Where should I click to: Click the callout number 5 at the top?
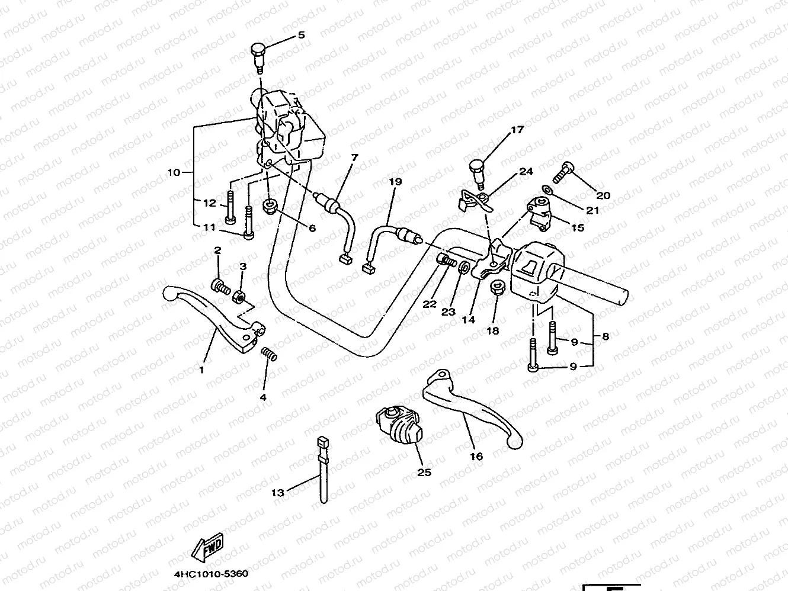(x=301, y=36)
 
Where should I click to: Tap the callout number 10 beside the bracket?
(x=174, y=173)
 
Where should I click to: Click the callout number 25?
(x=424, y=472)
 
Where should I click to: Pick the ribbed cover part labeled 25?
(x=398, y=425)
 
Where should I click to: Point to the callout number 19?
(x=395, y=181)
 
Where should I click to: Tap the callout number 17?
(x=517, y=129)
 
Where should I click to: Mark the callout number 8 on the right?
(x=605, y=336)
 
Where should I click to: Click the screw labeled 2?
(x=220, y=287)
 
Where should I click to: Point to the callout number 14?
(x=468, y=320)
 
